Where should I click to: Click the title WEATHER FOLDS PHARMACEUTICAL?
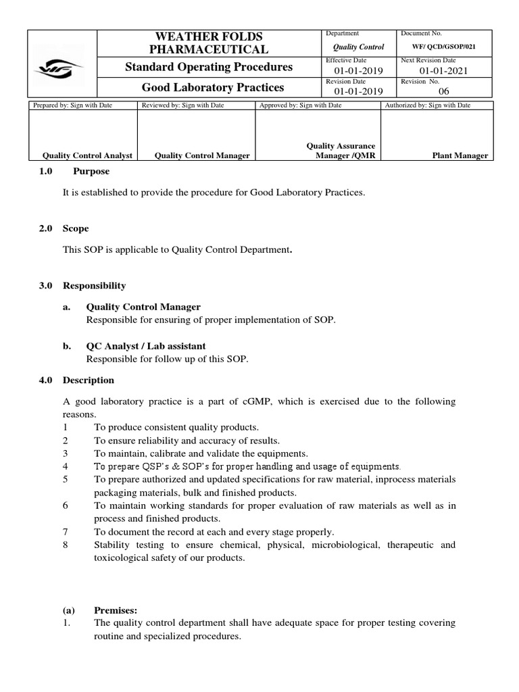click(x=209, y=43)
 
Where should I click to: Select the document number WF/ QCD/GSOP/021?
click(x=443, y=47)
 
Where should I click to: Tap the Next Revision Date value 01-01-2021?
click(x=443, y=71)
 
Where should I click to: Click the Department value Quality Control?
click(x=359, y=47)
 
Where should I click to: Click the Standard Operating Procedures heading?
click(x=209, y=67)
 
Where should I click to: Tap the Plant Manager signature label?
click(x=460, y=155)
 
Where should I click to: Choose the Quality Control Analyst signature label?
click(x=86, y=155)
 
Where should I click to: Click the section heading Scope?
click(x=76, y=228)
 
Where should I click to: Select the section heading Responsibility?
click(x=94, y=286)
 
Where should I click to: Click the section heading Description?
click(x=89, y=380)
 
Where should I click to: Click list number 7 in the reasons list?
click(x=65, y=532)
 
